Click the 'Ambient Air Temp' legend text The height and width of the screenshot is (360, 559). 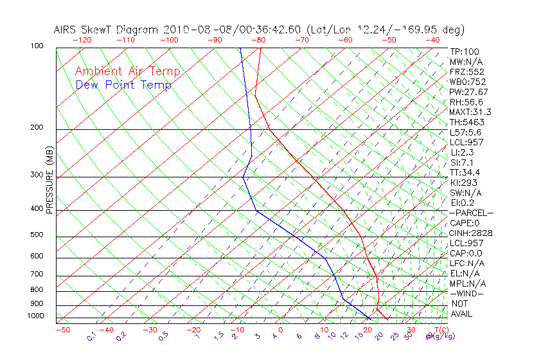point(127,71)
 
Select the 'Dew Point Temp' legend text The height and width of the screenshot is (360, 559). point(123,85)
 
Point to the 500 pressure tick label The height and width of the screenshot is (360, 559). point(36,235)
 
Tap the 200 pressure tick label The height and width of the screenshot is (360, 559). point(36,127)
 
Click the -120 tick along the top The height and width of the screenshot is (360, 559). point(82,40)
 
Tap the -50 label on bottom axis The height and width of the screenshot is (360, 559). point(62,330)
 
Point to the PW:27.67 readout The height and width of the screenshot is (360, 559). point(468,92)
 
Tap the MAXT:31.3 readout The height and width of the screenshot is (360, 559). point(470,112)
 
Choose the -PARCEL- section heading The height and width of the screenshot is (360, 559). point(471,213)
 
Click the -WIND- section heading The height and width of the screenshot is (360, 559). point(467,293)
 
